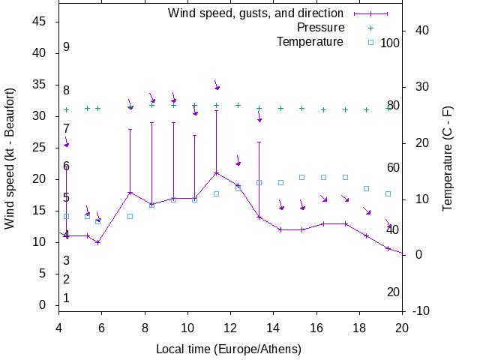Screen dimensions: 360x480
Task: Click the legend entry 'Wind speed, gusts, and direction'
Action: point(255,13)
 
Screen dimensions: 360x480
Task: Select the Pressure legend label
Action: point(320,28)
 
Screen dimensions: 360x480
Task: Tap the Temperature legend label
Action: point(310,41)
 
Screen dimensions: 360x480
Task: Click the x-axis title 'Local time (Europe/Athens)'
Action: point(229,349)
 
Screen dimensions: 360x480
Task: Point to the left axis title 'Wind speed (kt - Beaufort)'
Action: point(10,157)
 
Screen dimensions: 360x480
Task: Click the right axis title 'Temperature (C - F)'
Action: point(448,157)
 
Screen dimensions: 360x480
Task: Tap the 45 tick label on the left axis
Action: point(40,22)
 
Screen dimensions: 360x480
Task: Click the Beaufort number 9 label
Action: point(67,47)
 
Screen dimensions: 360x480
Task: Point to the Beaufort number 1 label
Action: point(67,298)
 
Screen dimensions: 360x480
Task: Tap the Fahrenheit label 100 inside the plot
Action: point(390,43)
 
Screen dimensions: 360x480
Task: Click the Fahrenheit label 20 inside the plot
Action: point(393,292)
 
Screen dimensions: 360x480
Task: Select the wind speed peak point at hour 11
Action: point(216,173)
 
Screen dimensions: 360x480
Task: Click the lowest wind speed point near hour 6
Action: point(97,242)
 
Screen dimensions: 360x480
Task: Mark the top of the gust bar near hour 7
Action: point(130,129)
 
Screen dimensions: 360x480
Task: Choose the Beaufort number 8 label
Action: point(67,91)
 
